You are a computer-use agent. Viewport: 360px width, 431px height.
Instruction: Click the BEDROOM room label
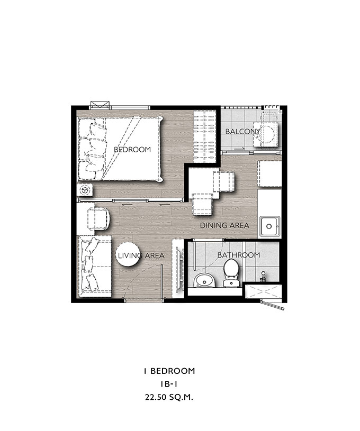click(132, 150)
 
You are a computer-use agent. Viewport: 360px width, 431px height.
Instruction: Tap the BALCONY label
click(242, 132)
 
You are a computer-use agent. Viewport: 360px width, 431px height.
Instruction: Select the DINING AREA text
click(224, 226)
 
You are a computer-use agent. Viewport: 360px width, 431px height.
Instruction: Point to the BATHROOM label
click(239, 255)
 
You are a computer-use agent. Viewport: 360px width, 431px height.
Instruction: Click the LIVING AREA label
click(141, 255)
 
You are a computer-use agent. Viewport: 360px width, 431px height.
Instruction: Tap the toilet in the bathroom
click(231, 273)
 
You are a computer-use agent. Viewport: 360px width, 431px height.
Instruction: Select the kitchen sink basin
click(269, 226)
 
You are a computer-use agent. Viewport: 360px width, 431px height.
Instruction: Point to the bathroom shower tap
click(263, 277)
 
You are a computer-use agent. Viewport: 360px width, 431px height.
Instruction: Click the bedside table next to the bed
click(85, 190)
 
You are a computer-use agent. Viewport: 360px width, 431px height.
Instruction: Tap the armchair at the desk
click(98, 219)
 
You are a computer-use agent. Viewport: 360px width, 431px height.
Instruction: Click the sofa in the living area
click(94, 267)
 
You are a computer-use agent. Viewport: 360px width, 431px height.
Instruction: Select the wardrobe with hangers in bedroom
click(204, 136)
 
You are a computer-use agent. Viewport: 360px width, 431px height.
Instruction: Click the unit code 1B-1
click(169, 384)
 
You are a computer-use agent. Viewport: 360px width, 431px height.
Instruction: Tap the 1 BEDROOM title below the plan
click(169, 371)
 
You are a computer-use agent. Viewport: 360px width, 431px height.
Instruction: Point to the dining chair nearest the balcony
click(224, 181)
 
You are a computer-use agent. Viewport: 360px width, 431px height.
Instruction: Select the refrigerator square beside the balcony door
click(269, 174)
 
